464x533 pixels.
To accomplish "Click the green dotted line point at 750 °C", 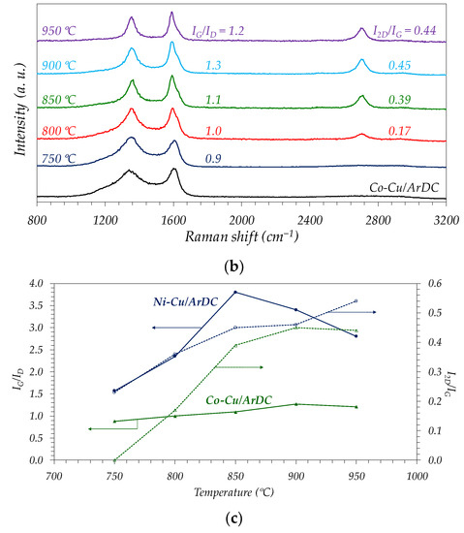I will pyautogui.click(x=114, y=460).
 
